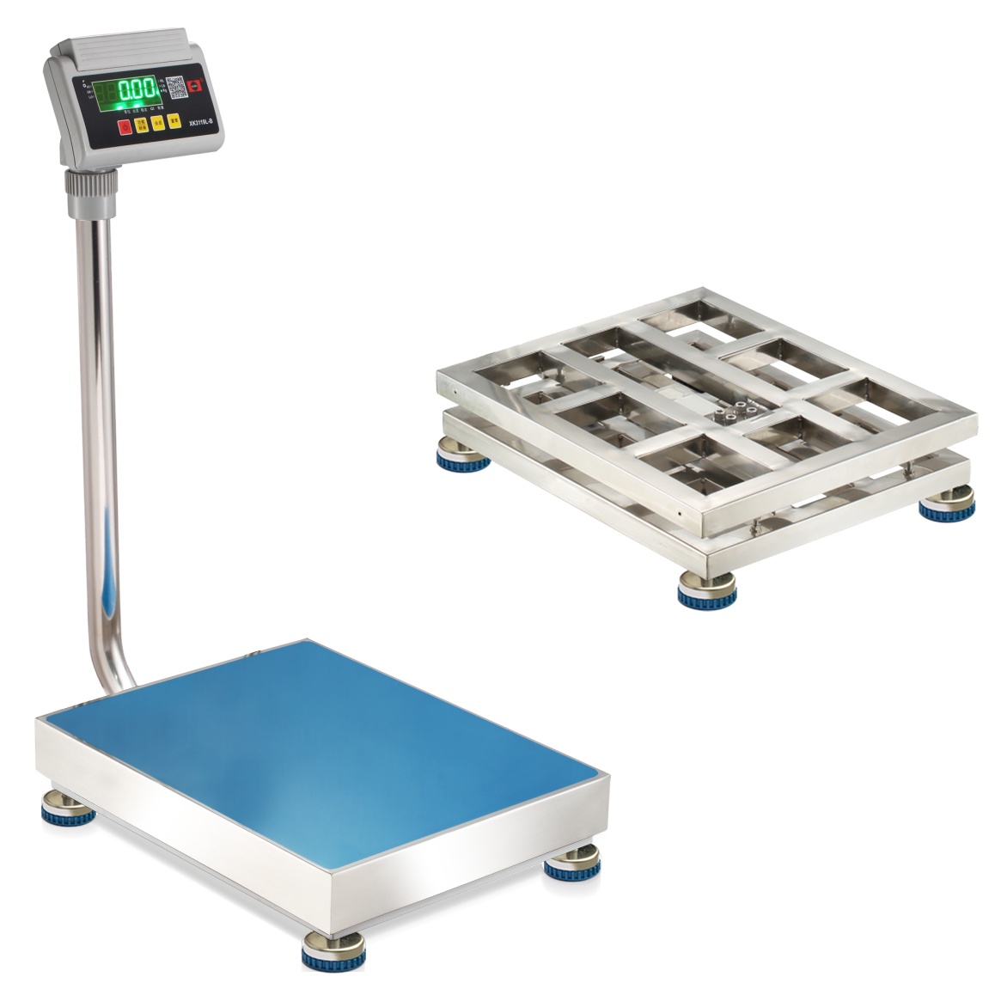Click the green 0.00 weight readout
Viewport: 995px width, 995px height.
click(137, 90)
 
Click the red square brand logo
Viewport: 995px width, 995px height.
click(197, 86)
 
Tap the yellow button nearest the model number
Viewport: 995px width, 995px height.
click(174, 123)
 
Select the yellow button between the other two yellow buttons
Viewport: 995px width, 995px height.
click(158, 124)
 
